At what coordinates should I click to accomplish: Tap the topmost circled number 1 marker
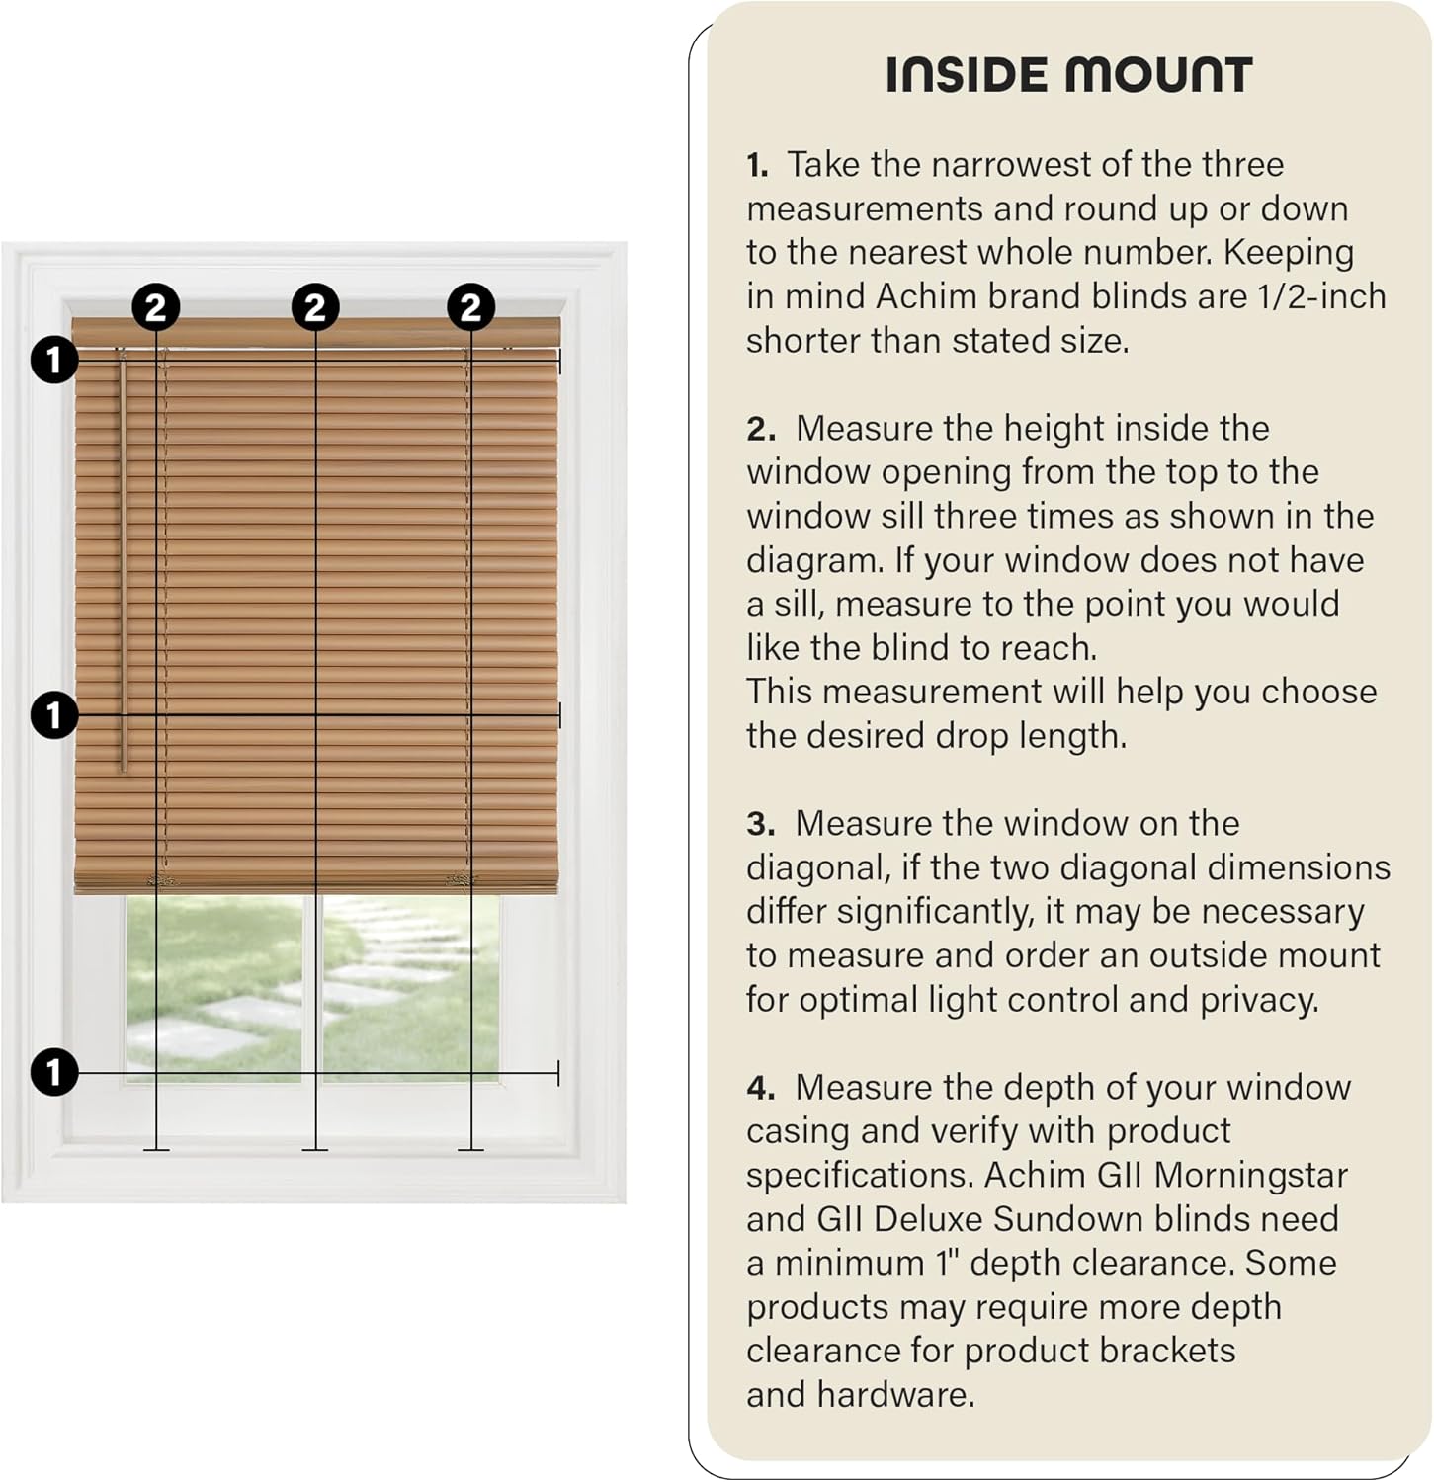pyautogui.click(x=54, y=360)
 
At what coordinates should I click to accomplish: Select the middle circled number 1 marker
pyautogui.click(x=54, y=714)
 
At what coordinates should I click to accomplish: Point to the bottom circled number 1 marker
pyautogui.click(x=54, y=1072)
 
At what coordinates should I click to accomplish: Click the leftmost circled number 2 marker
pyautogui.click(x=156, y=307)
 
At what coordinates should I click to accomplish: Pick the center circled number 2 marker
pyautogui.click(x=315, y=307)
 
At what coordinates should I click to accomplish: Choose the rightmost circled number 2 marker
pyautogui.click(x=470, y=307)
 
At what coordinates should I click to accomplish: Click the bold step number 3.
pyautogui.click(x=759, y=824)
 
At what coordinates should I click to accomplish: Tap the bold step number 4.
pyautogui.click(x=760, y=1088)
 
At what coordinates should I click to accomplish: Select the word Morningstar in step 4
pyautogui.click(x=1250, y=1176)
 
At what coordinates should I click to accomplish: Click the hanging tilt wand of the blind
pyautogui.click(x=124, y=563)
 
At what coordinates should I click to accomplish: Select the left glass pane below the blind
pyautogui.click(x=213, y=988)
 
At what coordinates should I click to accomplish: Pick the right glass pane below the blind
pyautogui.click(x=410, y=988)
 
